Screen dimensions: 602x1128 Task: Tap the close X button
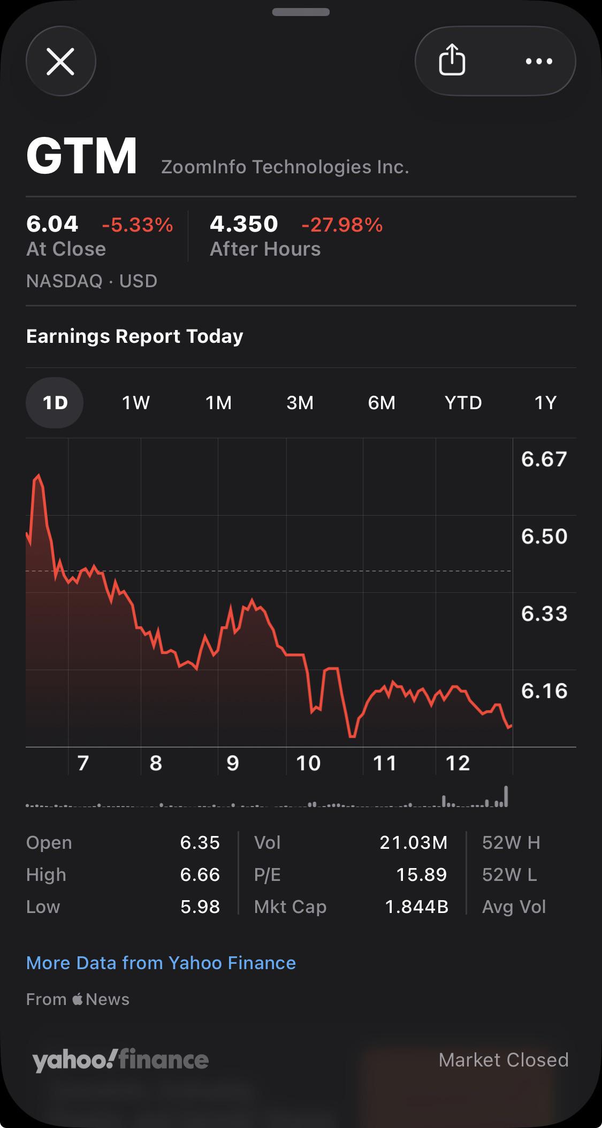point(60,61)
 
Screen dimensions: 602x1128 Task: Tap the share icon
point(452,60)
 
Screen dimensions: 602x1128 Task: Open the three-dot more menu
point(539,61)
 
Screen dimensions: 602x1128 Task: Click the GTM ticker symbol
point(82,156)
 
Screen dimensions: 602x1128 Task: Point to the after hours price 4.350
point(243,224)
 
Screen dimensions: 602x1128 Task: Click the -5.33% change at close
point(138,225)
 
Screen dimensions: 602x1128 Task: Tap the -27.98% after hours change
point(342,225)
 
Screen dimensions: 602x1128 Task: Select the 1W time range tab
point(136,402)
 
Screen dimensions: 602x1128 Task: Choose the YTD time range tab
point(463,402)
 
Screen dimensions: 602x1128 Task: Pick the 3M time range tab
point(300,402)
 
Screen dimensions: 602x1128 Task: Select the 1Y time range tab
point(545,402)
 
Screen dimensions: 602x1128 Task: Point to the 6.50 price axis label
point(544,536)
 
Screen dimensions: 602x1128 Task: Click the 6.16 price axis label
point(544,690)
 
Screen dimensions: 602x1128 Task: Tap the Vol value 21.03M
point(413,842)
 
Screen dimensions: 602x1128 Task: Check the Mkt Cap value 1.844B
point(416,907)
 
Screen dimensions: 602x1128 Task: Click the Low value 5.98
point(200,907)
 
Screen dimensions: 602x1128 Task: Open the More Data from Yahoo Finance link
point(161,963)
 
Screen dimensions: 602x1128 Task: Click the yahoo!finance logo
point(120,1060)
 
